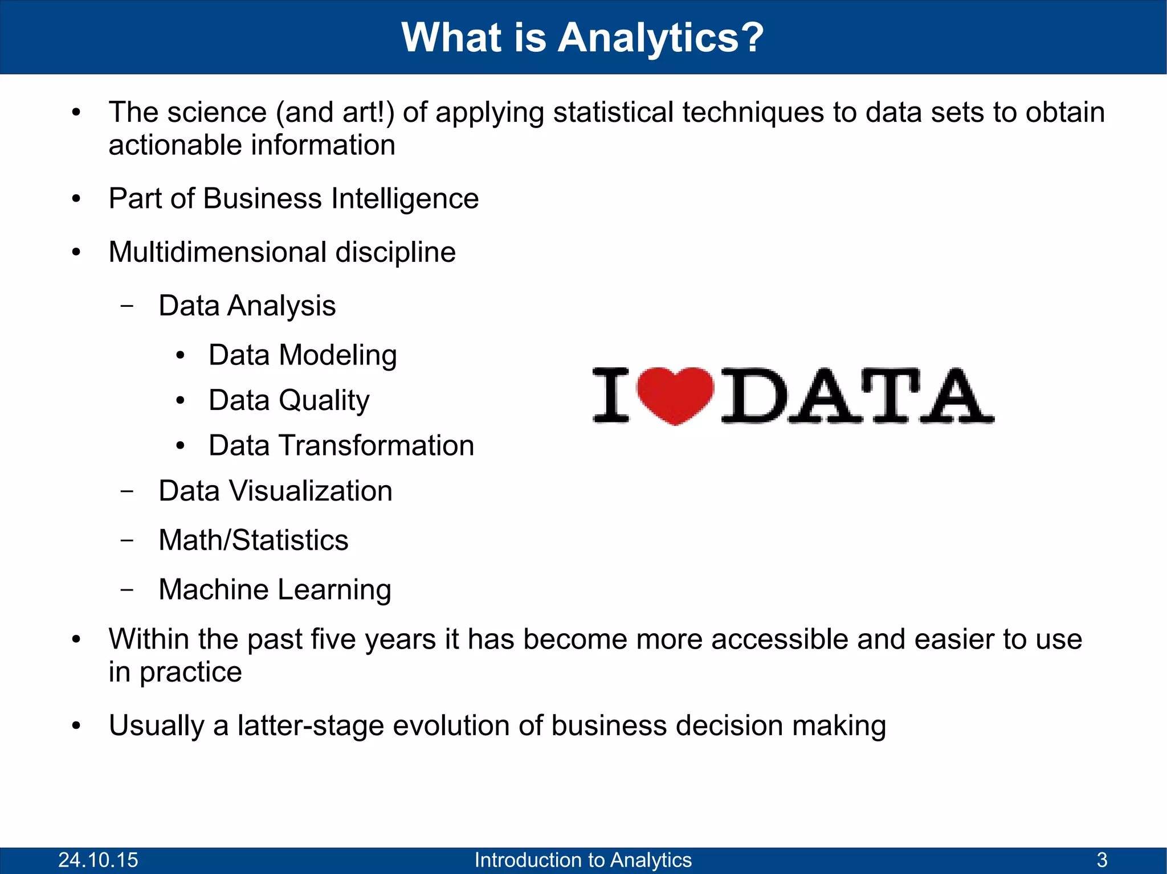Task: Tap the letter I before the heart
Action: [611, 395]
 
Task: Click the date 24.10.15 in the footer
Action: [98, 860]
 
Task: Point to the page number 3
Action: [1102, 860]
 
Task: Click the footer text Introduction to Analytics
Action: [583, 860]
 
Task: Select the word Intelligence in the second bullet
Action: [405, 199]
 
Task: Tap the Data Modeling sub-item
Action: [303, 355]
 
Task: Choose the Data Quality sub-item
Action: [289, 400]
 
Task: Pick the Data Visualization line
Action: [275, 491]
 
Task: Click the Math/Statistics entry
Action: [253, 540]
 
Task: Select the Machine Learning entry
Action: [275, 589]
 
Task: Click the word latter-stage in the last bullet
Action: [311, 726]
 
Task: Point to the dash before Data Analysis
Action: [128, 306]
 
